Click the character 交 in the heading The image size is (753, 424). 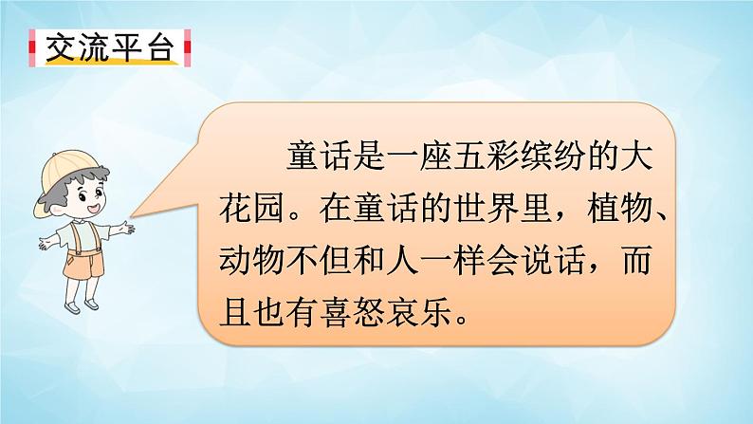[60, 48]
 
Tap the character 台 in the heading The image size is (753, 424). [163, 48]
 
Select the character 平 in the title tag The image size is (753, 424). [130, 48]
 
